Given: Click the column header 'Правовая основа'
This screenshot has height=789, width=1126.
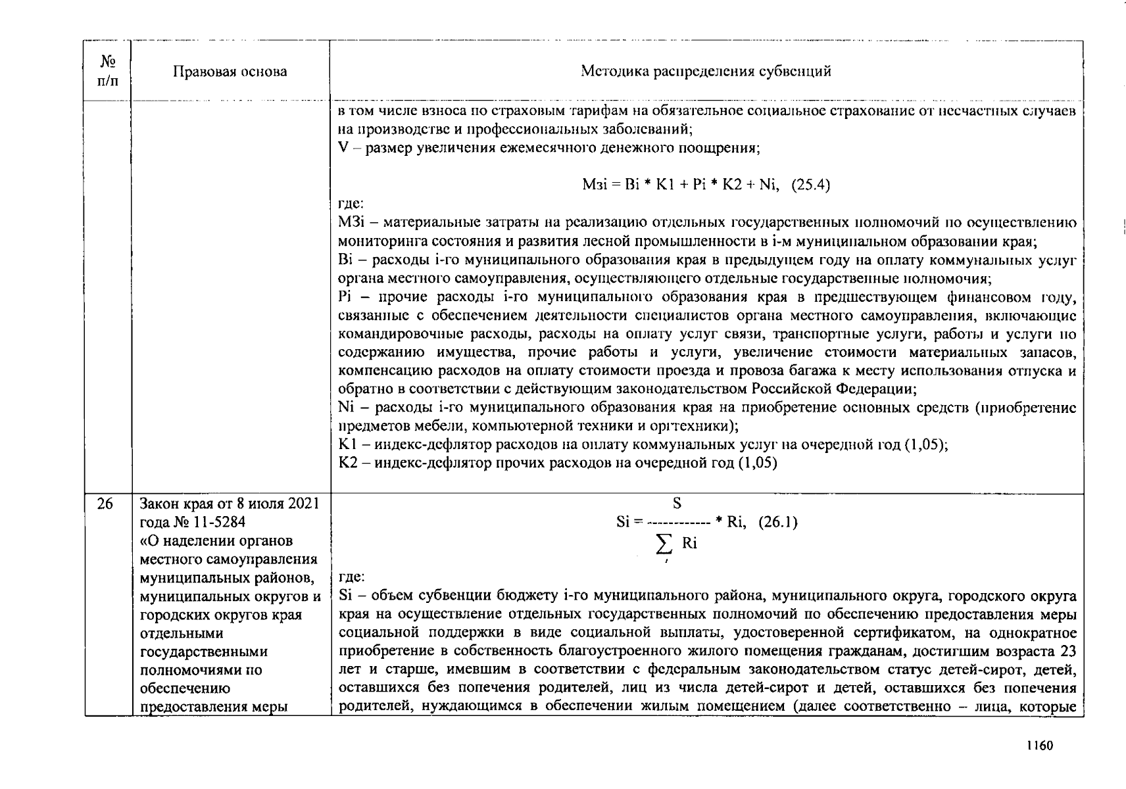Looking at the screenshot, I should click(x=230, y=72).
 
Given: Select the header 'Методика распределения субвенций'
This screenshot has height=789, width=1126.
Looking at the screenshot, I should click(x=706, y=72).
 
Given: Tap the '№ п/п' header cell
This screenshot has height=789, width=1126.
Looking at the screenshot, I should click(x=108, y=71).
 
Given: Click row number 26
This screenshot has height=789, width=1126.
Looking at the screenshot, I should click(x=105, y=504).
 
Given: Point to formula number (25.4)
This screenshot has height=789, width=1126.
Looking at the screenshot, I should click(x=810, y=185).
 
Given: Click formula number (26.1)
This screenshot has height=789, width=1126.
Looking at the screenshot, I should click(x=777, y=523).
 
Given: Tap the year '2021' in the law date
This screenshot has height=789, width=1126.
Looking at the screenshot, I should click(x=305, y=504).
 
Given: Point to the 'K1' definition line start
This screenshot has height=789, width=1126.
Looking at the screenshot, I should click(x=347, y=445).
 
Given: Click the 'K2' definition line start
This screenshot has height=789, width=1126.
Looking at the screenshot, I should click(x=347, y=464).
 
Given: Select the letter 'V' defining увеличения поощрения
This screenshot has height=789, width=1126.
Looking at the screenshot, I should click(x=342, y=149).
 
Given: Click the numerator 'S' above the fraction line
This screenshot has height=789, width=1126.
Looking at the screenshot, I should click(x=677, y=504).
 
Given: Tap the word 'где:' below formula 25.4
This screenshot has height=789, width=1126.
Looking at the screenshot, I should click(x=351, y=204).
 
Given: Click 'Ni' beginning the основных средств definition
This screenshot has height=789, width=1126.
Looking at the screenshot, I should click(x=346, y=408).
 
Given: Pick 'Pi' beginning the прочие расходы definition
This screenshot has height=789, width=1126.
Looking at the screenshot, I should click(x=345, y=297).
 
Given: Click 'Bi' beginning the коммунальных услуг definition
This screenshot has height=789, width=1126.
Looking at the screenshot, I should click(x=345, y=260).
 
